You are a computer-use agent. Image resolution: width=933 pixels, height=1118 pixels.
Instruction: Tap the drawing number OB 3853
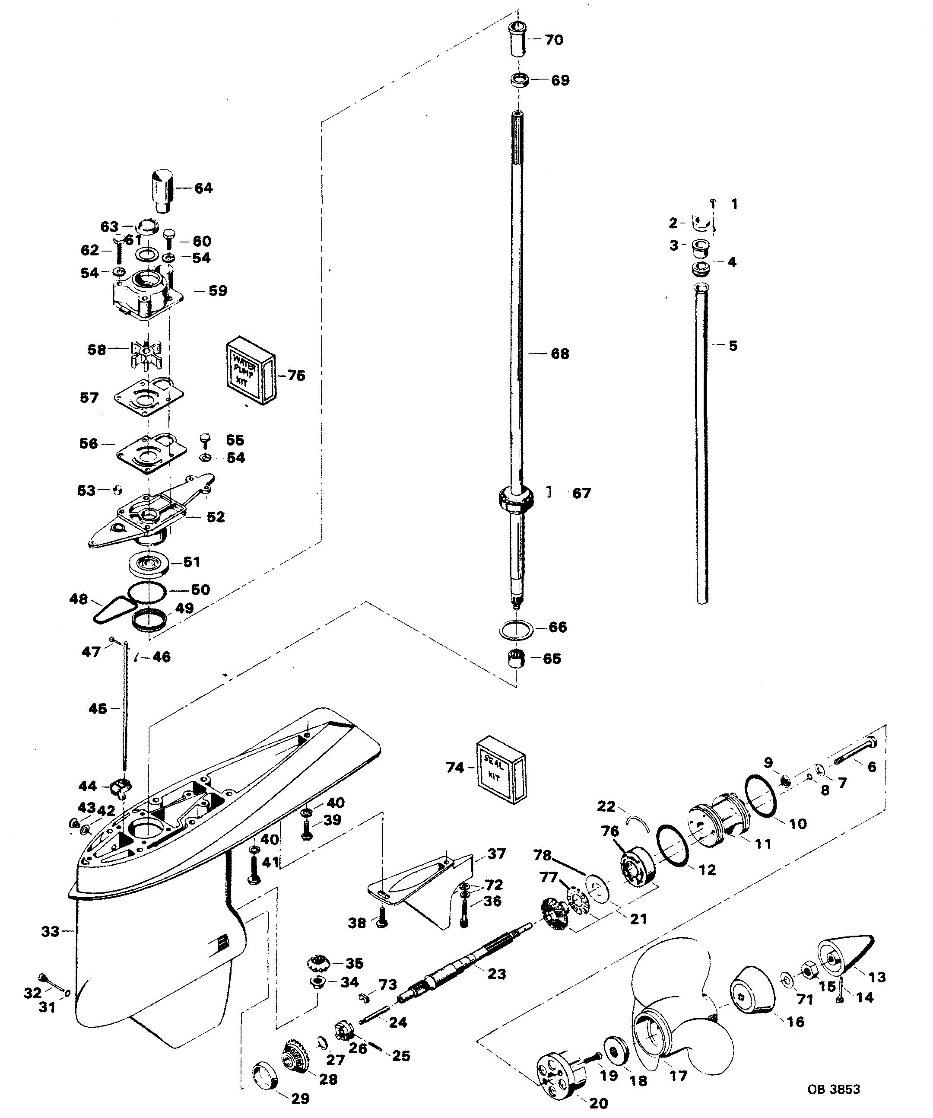pos(833,1089)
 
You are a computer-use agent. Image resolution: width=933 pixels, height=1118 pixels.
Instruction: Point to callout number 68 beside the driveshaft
pos(559,354)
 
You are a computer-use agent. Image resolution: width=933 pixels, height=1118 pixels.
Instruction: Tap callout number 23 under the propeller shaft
pos(497,973)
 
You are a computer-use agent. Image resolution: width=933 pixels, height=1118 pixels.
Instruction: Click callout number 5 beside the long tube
pos(733,346)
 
